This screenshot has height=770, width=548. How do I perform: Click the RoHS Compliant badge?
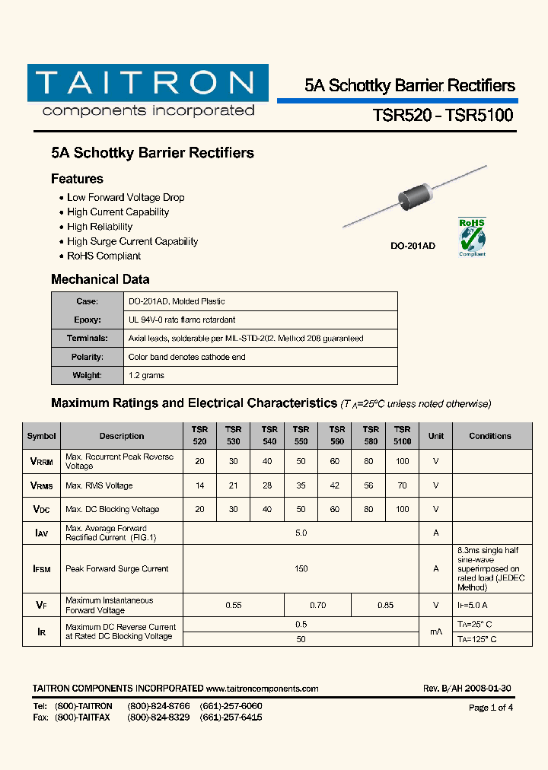tap(472, 237)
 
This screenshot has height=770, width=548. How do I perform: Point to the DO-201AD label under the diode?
tap(413, 247)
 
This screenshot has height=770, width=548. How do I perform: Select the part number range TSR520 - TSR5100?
tap(443, 116)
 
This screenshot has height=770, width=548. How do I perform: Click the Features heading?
tap(77, 180)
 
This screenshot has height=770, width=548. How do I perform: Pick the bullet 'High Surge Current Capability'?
tap(132, 241)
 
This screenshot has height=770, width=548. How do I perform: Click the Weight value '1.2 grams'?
tap(146, 375)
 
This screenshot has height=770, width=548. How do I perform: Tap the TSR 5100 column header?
tap(403, 435)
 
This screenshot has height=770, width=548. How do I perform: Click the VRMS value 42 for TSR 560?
tap(335, 485)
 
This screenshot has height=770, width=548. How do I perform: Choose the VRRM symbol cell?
tap(41, 461)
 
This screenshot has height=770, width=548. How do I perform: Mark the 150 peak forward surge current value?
tap(301, 568)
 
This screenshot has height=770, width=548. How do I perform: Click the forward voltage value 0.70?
tap(317, 605)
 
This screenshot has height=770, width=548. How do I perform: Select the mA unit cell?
tap(436, 632)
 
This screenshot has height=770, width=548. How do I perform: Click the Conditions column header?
tap(490, 436)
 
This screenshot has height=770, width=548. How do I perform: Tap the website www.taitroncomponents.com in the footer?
tap(262, 689)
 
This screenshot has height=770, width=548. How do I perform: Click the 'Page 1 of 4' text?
tap(491, 708)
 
